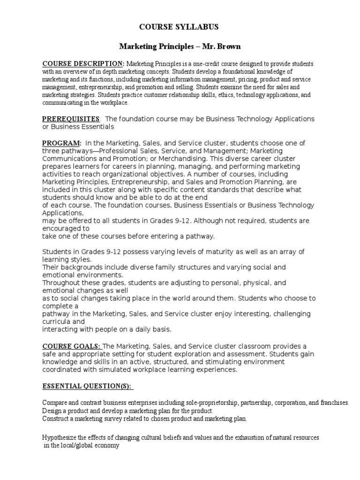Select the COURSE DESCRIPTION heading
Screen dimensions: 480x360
click(x=83, y=64)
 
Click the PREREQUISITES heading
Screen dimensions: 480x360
click(x=71, y=119)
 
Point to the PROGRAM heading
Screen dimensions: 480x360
click(x=62, y=143)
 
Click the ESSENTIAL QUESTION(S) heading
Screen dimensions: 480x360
click(x=87, y=386)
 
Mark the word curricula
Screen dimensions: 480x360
click(x=58, y=322)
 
